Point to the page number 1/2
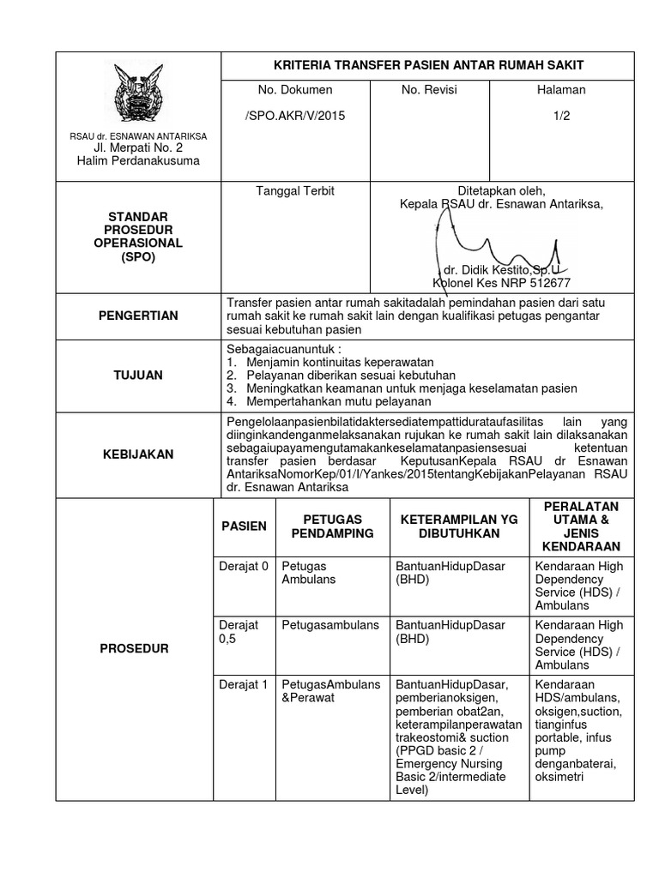coord(561,115)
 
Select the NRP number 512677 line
coord(501,283)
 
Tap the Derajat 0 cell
coord(244,566)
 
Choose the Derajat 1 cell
coord(244,684)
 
